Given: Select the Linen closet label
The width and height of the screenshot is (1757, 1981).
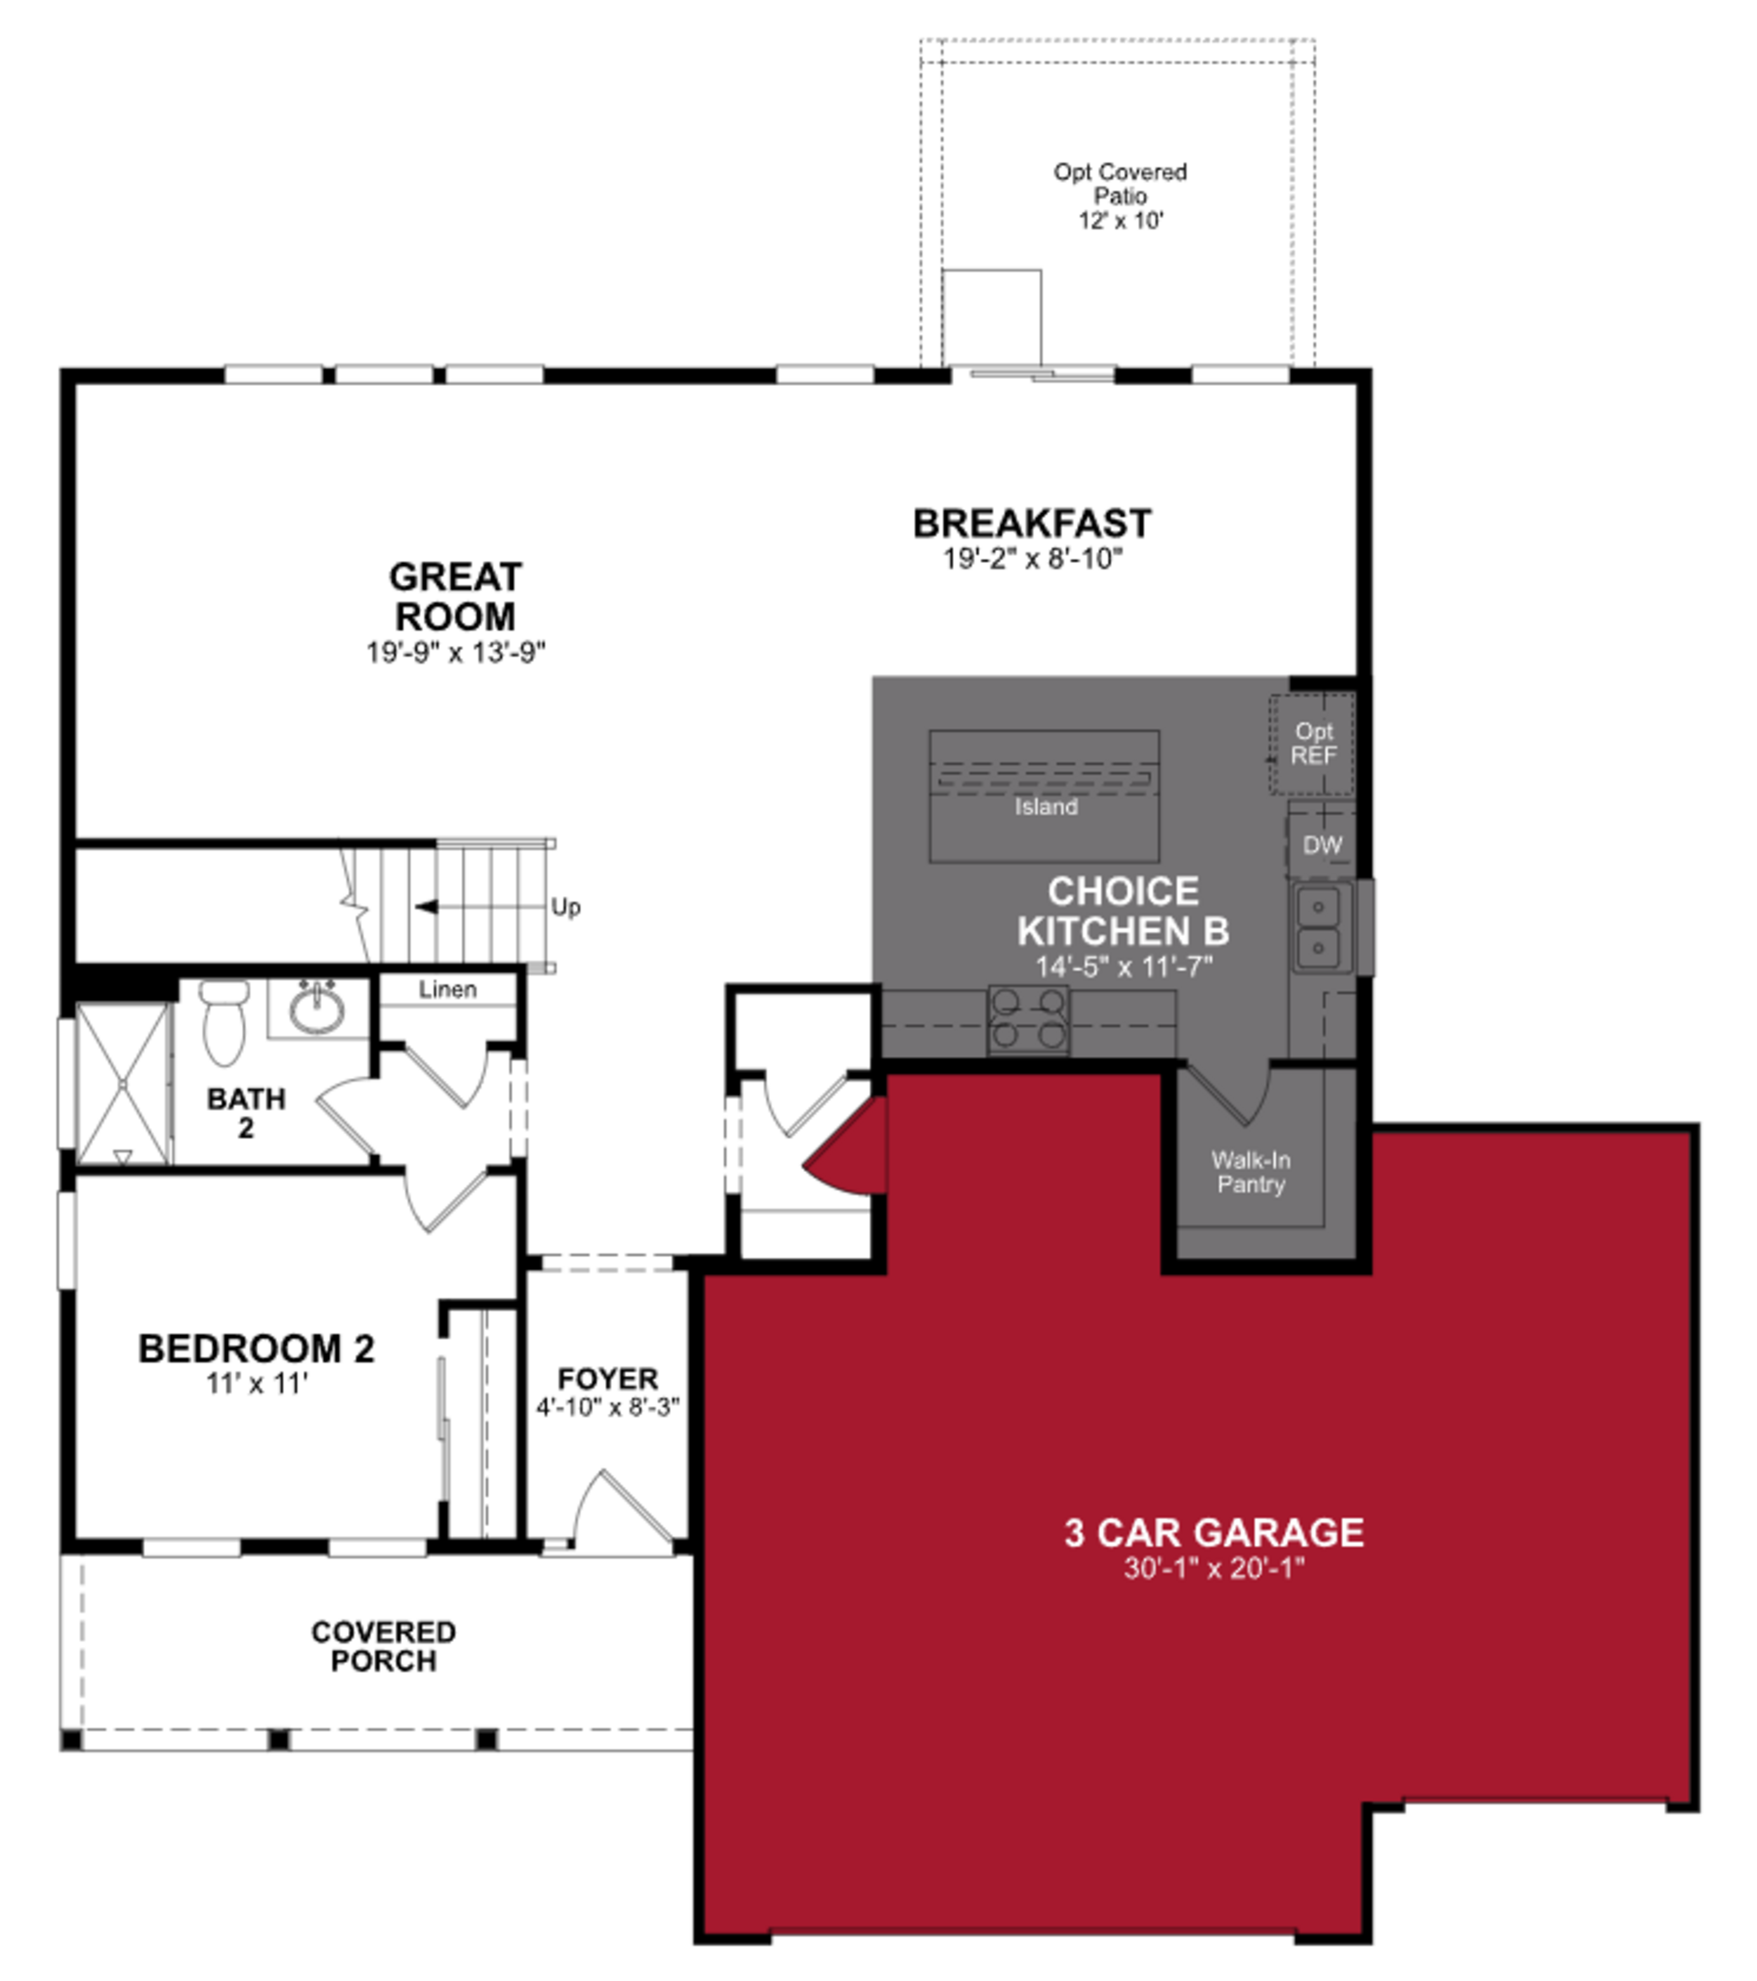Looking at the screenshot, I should [x=447, y=989].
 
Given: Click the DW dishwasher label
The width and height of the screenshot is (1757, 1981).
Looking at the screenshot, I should [x=1321, y=845].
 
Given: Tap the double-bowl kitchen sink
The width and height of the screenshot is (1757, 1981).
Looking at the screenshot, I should [x=1318, y=927].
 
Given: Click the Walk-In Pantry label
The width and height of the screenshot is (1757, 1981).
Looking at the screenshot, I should [x=1250, y=1172].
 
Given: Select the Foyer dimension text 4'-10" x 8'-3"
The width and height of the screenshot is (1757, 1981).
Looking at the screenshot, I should [x=608, y=1406].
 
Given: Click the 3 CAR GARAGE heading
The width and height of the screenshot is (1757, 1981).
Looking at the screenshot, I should [x=1213, y=1532].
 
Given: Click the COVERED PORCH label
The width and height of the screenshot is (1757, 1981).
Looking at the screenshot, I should [x=383, y=1646].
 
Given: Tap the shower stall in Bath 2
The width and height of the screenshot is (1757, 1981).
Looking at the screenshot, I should [x=122, y=1084].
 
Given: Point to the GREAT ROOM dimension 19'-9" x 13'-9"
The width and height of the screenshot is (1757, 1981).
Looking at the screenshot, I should [x=455, y=652].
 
